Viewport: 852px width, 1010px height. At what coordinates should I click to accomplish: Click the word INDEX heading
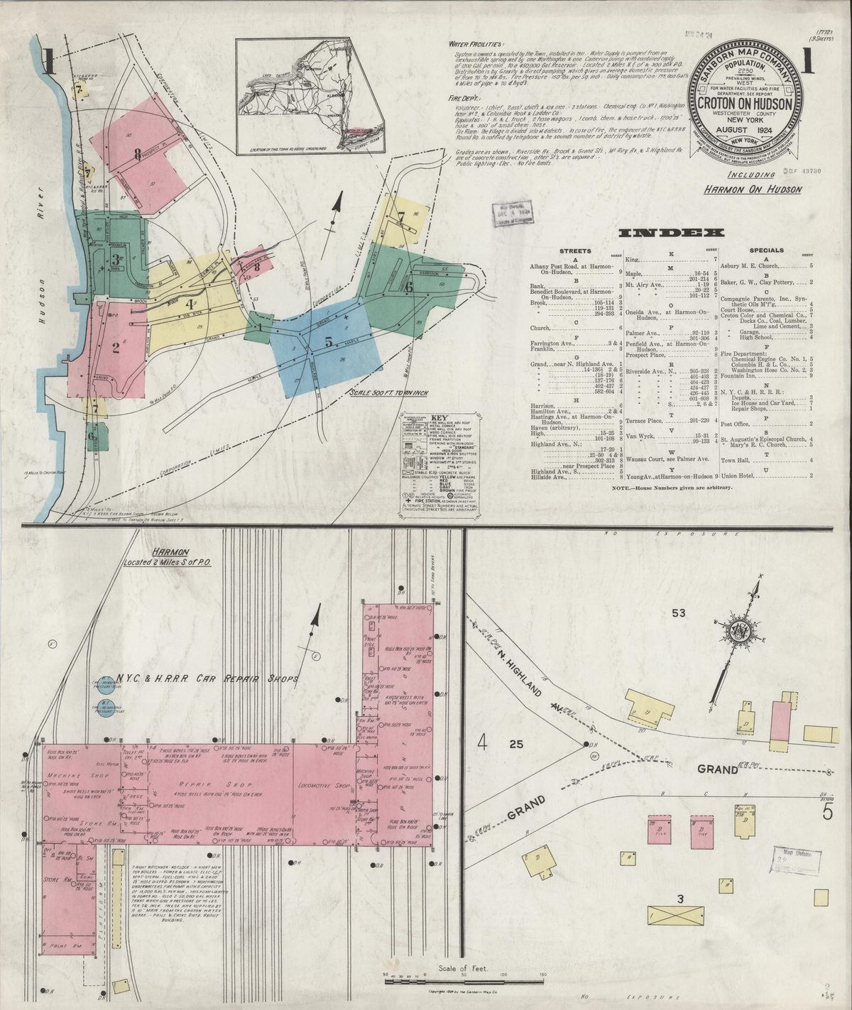tap(671, 234)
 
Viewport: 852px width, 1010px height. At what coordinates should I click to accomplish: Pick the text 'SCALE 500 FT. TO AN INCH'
tap(388, 393)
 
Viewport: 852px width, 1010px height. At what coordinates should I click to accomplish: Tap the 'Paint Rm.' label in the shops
tap(63, 945)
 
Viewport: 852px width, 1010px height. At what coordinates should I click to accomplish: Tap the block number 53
tap(679, 613)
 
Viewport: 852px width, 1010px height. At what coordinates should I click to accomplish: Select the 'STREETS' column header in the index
tap(574, 251)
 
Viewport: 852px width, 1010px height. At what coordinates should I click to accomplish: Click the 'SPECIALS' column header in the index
tap(766, 251)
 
